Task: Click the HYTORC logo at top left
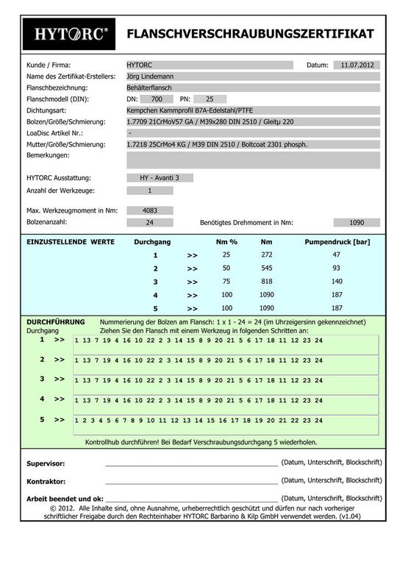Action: pos(71,34)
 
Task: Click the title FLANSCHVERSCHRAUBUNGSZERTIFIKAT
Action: pos(250,34)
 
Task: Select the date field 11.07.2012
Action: pos(357,65)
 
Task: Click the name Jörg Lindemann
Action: pos(154,76)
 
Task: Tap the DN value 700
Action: pos(156,99)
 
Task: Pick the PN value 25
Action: pos(210,99)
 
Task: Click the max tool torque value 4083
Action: pos(150,210)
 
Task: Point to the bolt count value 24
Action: pos(150,222)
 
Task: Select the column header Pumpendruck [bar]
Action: pos(336,241)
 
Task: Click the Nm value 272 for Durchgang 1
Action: pos(267,255)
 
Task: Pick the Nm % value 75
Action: pos(226,282)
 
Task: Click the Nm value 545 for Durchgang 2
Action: pos(267,268)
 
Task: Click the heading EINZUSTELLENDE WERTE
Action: pos(71,241)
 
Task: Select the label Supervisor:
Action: pos(46,464)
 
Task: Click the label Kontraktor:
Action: pos(46,481)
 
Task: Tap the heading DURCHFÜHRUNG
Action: pos(55,322)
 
